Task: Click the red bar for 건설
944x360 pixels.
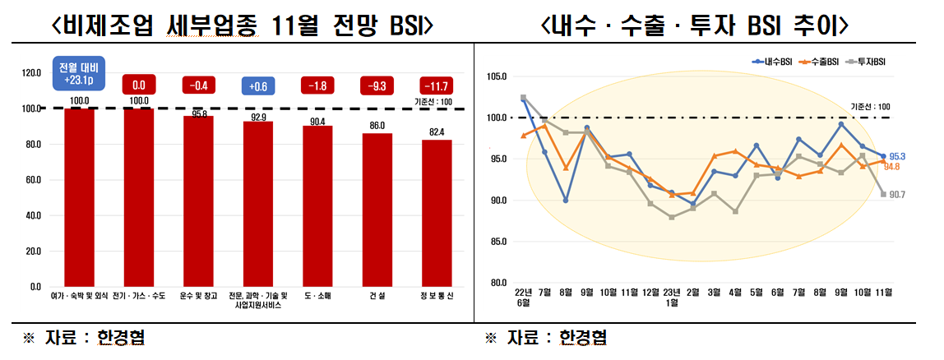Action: click(377, 210)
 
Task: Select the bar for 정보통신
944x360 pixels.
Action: click(437, 213)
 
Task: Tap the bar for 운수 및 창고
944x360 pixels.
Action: click(198, 201)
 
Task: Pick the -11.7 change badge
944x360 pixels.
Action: click(437, 85)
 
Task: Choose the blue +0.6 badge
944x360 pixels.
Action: click(258, 85)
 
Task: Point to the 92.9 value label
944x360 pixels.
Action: click(258, 117)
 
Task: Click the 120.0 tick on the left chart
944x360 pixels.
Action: click(30, 73)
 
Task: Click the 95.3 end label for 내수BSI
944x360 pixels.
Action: click(896, 156)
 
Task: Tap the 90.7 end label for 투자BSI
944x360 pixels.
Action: click(896, 194)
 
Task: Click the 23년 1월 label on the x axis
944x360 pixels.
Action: click(671, 298)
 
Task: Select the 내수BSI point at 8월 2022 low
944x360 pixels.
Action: click(565, 201)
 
